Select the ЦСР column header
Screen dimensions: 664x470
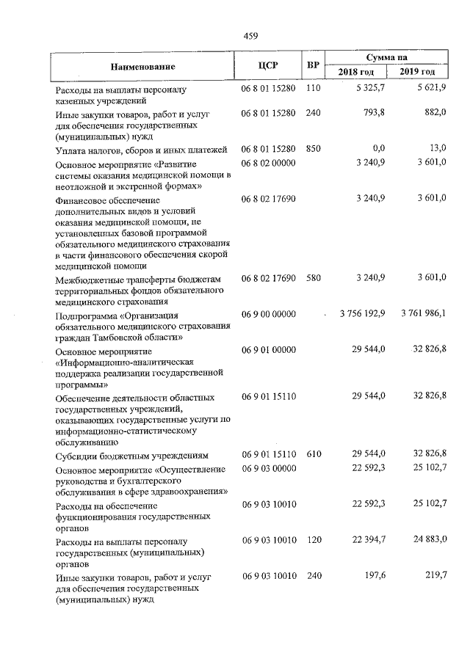pyautogui.click(x=267, y=65)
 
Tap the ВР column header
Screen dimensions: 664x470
pyautogui.click(x=313, y=65)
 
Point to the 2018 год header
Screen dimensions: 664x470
pyautogui.click(x=360, y=72)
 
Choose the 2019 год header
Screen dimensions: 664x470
pyautogui.click(x=417, y=72)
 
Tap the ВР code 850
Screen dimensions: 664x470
pyautogui.click(x=314, y=149)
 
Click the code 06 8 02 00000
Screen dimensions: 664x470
pyautogui.click(x=268, y=162)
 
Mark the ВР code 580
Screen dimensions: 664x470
pyautogui.click(x=314, y=278)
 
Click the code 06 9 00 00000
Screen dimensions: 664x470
pyautogui.click(x=268, y=314)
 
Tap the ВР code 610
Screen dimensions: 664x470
pyautogui.click(x=314, y=455)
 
